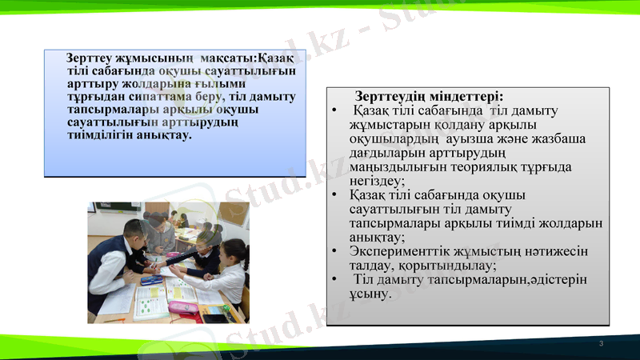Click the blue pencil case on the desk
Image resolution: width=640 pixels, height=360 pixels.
[151, 281]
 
